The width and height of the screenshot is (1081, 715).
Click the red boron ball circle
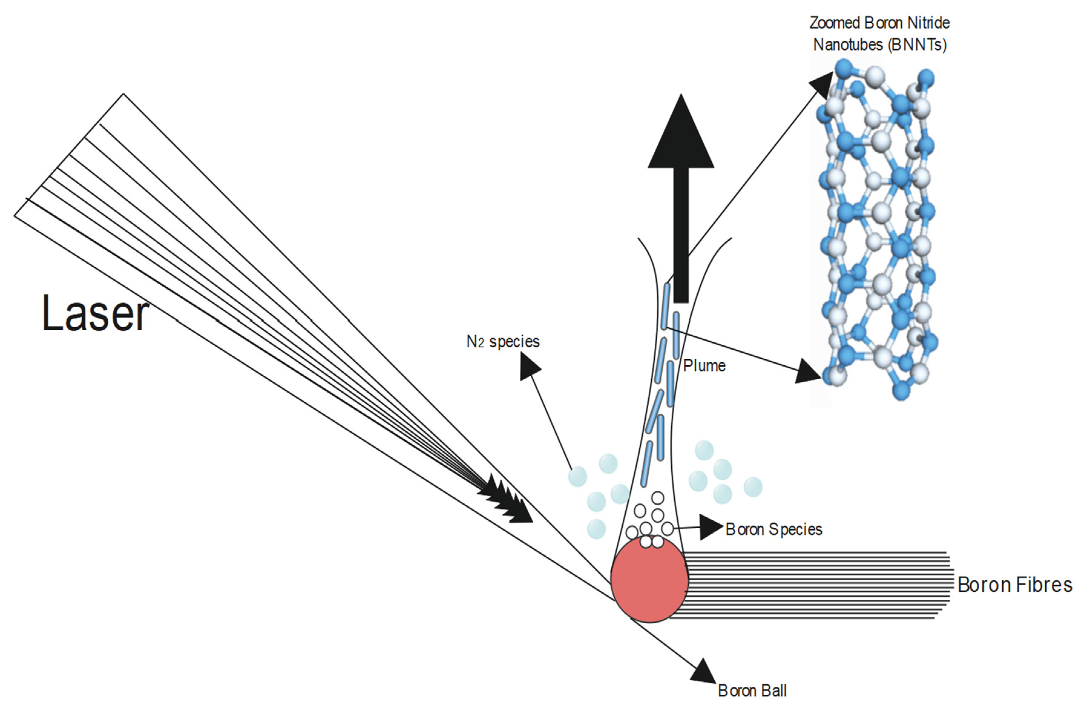pos(649,581)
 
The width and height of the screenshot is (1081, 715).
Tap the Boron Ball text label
pos(752,690)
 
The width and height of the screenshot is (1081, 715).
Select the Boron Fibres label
pos(1014,585)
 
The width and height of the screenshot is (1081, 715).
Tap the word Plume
pos(704,366)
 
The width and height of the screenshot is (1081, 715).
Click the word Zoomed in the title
pos(834,23)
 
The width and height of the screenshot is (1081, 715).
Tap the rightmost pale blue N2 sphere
pos(753,487)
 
